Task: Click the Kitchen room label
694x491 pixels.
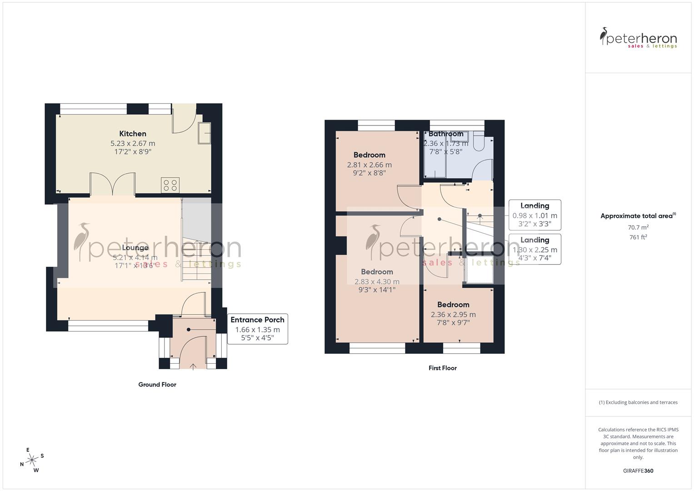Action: point(133,134)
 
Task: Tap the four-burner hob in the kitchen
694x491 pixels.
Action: point(170,185)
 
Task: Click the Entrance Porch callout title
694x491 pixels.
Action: point(257,320)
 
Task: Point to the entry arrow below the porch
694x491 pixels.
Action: point(193,366)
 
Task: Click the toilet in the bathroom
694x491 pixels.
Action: point(479,142)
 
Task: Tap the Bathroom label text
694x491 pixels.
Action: point(446,134)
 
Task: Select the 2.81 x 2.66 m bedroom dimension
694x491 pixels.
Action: point(369,165)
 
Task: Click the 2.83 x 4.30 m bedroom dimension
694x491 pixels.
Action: point(377,282)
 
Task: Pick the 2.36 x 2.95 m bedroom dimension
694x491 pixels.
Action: point(453,315)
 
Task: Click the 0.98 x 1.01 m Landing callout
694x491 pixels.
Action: point(534,215)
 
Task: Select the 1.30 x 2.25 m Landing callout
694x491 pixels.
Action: point(534,249)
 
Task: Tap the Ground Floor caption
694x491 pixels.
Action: point(157,385)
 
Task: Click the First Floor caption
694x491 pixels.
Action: point(442,368)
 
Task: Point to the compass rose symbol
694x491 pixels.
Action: point(32,461)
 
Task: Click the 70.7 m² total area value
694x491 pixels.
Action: point(638,227)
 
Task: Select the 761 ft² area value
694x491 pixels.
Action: point(638,237)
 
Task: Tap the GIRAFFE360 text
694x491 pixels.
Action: point(638,471)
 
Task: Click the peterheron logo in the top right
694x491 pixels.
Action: point(638,38)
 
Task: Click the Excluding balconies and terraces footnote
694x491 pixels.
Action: point(638,402)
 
